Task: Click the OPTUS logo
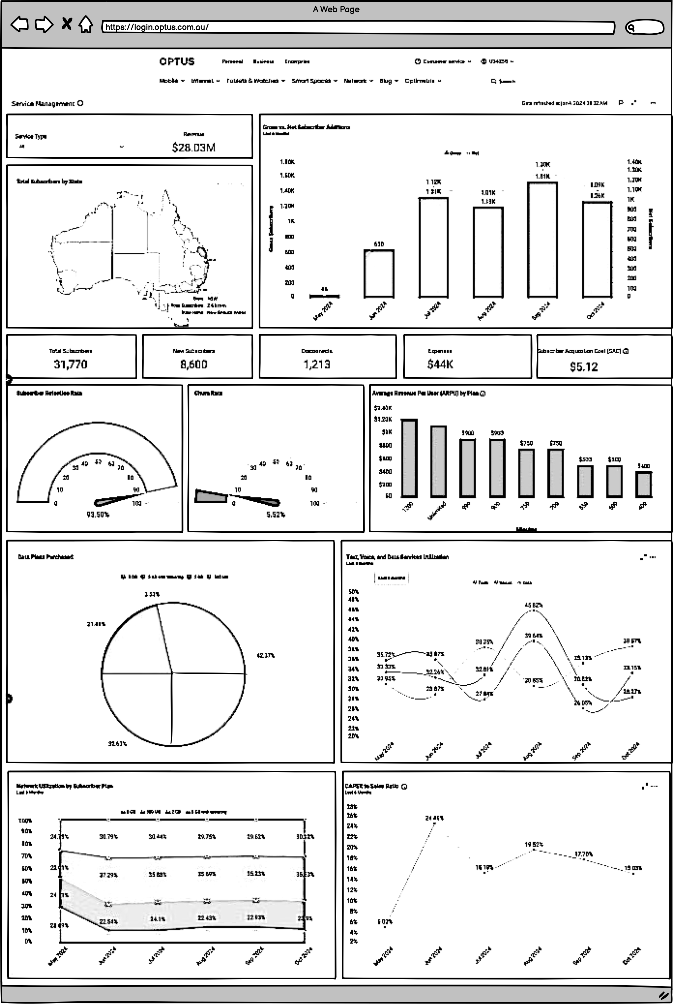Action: click(x=176, y=61)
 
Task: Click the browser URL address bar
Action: click(x=358, y=27)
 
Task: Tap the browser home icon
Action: click(x=86, y=24)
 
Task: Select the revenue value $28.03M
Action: click(x=194, y=147)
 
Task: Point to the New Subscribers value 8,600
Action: click(x=194, y=364)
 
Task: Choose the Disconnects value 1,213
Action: click(x=317, y=364)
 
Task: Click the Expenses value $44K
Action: click(x=440, y=364)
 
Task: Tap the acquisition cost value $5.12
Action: click(x=584, y=367)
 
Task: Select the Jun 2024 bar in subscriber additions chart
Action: click(x=379, y=273)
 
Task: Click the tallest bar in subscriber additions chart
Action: click(x=542, y=239)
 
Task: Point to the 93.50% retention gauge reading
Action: click(x=98, y=515)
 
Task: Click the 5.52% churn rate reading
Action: click(x=275, y=515)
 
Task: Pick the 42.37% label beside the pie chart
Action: click(x=265, y=655)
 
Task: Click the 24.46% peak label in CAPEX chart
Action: click(x=434, y=818)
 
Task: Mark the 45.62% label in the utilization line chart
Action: click(x=533, y=605)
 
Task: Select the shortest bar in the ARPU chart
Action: click(x=643, y=485)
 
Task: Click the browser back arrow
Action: click(x=19, y=24)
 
